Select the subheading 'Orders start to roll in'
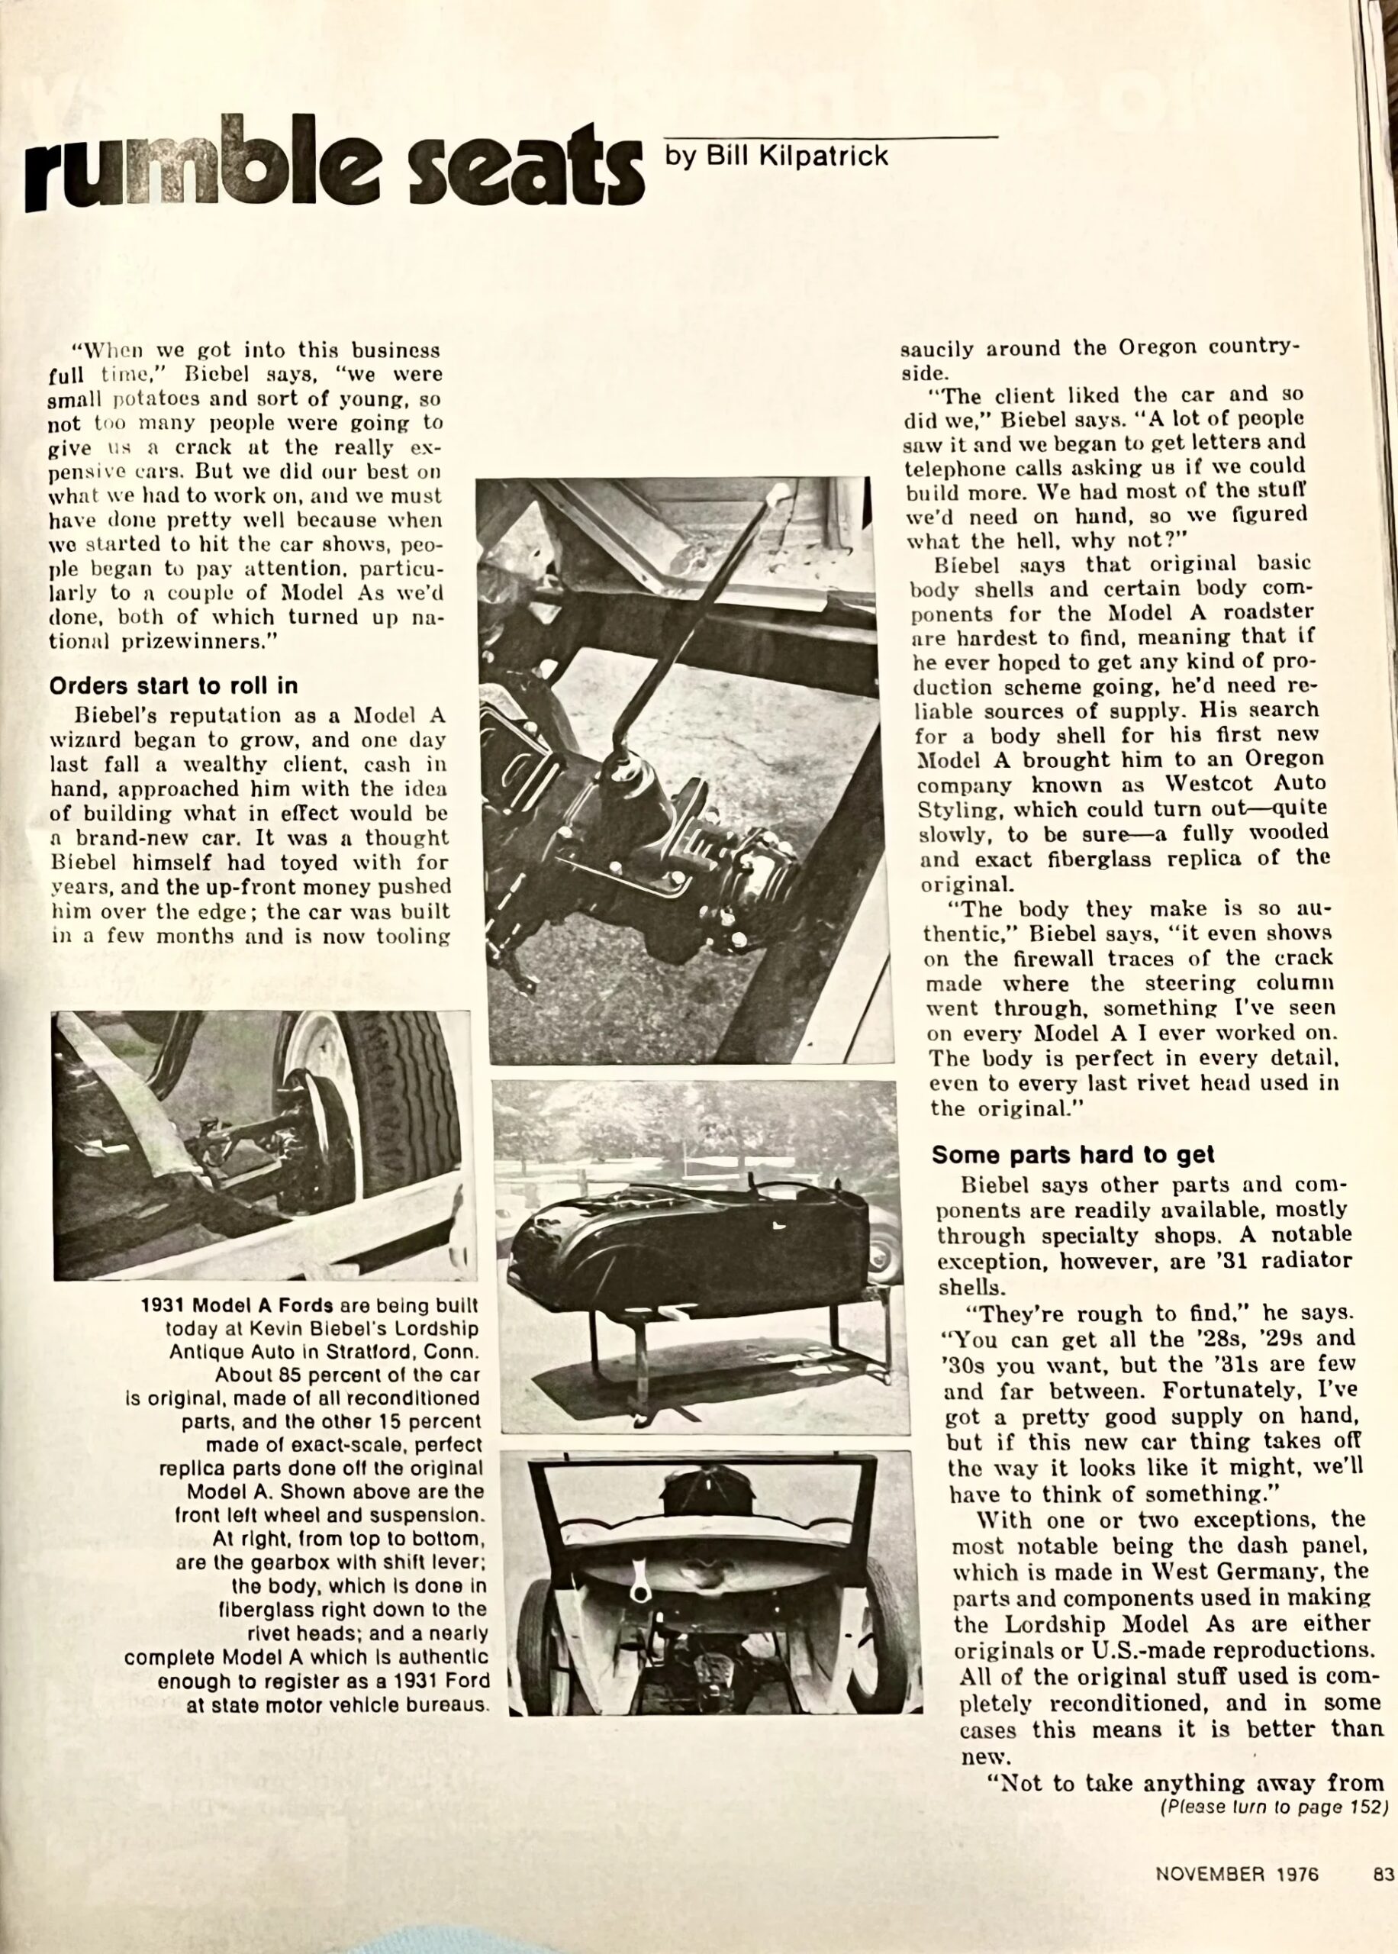tap(173, 686)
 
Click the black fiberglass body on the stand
tap(688, 1240)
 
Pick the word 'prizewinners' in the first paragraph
tap(198, 641)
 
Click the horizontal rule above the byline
tap(831, 136)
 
